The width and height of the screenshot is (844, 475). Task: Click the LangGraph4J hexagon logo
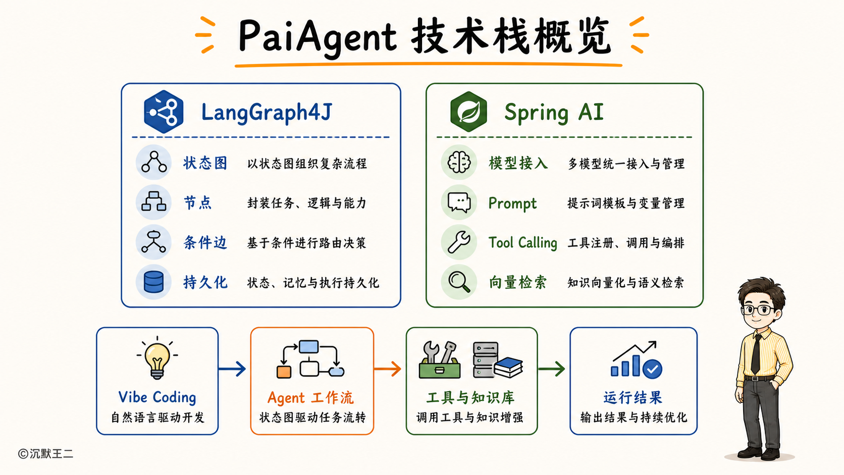click(164, 112)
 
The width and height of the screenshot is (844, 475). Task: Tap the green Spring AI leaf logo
click(468, 112)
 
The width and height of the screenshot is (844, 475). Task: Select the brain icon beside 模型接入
click(459, 163)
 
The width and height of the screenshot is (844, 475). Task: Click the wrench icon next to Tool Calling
click(459, 242)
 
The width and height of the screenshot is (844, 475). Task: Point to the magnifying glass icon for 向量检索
click(459, 282)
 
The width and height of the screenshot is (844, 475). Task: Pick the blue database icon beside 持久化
click(154, 282)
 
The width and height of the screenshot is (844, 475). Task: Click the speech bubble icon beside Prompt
click(459, 202)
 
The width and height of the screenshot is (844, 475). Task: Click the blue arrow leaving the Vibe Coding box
click(232, 368)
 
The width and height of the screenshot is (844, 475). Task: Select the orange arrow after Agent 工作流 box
click(387, 369)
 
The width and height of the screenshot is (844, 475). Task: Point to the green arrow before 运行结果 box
click(551, 368)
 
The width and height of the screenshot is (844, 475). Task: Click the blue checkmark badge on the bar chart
click(652, 369)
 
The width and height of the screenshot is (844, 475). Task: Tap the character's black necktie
click(756, 353)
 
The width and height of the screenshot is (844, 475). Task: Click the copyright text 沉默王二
click(51, 453)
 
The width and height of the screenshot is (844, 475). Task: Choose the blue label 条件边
click(205, 243)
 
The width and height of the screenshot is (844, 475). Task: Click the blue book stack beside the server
click(508, 367)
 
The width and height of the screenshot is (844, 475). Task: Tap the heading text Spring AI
click(554, 113)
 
